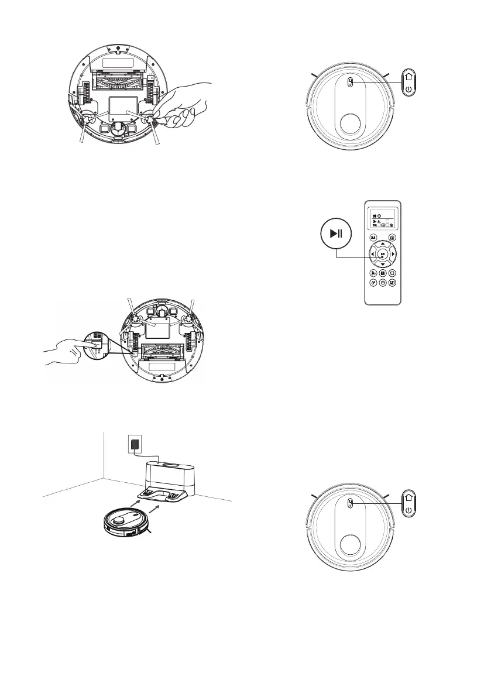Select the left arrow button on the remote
pos(372,253)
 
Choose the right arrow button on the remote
pos(393,253)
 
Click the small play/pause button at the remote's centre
pos(382,253)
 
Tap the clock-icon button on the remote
pos(382,282)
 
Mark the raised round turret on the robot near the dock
pos(119,516)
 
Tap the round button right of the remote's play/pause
pos(393,253)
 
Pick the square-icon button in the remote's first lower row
pos(392,273)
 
